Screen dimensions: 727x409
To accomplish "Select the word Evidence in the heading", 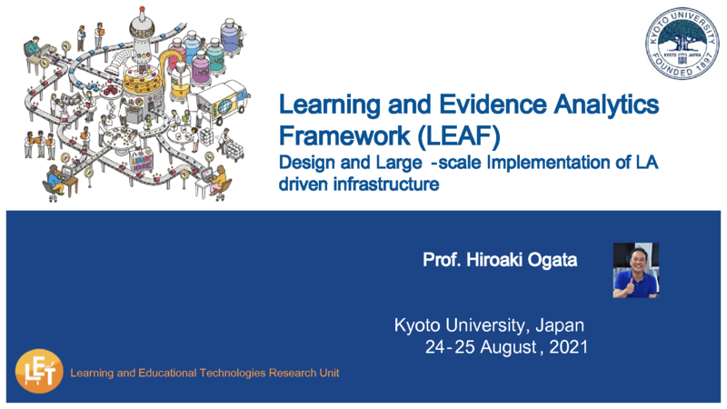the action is (x=493, y=104).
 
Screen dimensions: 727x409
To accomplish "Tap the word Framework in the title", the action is (x=344, y=135).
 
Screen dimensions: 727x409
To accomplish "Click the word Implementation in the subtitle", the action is (x=557, y=163).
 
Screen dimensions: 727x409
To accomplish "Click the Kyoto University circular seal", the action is (x=682, y=44).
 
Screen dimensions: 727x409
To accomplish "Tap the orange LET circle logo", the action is (x=39, y=371).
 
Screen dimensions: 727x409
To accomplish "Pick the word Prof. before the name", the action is (x=442, y=260).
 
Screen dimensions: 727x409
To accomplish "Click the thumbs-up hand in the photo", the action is (x=630, y=287).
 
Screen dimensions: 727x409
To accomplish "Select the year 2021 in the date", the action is (x=569, y=347).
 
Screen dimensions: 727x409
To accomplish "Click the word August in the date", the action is (x=508, y=347).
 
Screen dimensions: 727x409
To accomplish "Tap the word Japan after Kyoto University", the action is (x=560, y=325).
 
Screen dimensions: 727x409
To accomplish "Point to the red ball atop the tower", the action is (x=142, y=9).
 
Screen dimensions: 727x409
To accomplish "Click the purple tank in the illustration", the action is (x=201, y=69).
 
